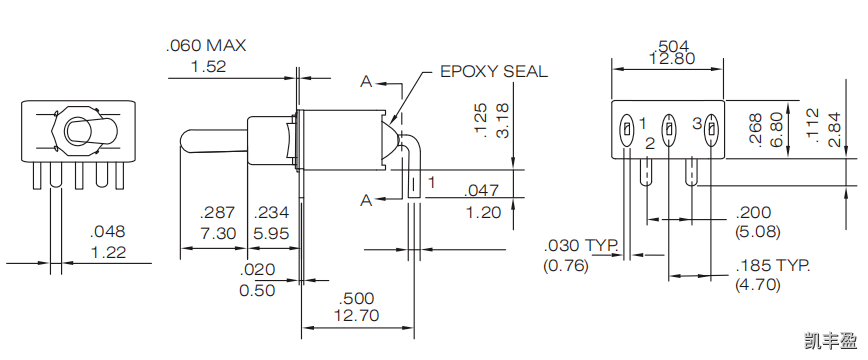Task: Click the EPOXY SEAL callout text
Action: tap(494, 72)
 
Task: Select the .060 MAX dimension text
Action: tap(205, 46)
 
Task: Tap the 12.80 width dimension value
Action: tap(666, 59)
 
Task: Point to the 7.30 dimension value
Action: tap(218, 233)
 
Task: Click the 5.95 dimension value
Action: tap(271, 233)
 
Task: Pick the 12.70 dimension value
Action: tap(357, 316)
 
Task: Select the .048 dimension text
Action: tap(107, 232)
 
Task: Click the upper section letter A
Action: tap(366, 80)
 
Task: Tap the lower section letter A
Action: tap(366, 201)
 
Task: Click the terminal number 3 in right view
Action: tap(696, 123)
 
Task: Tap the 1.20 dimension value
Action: tap(483, 212)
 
